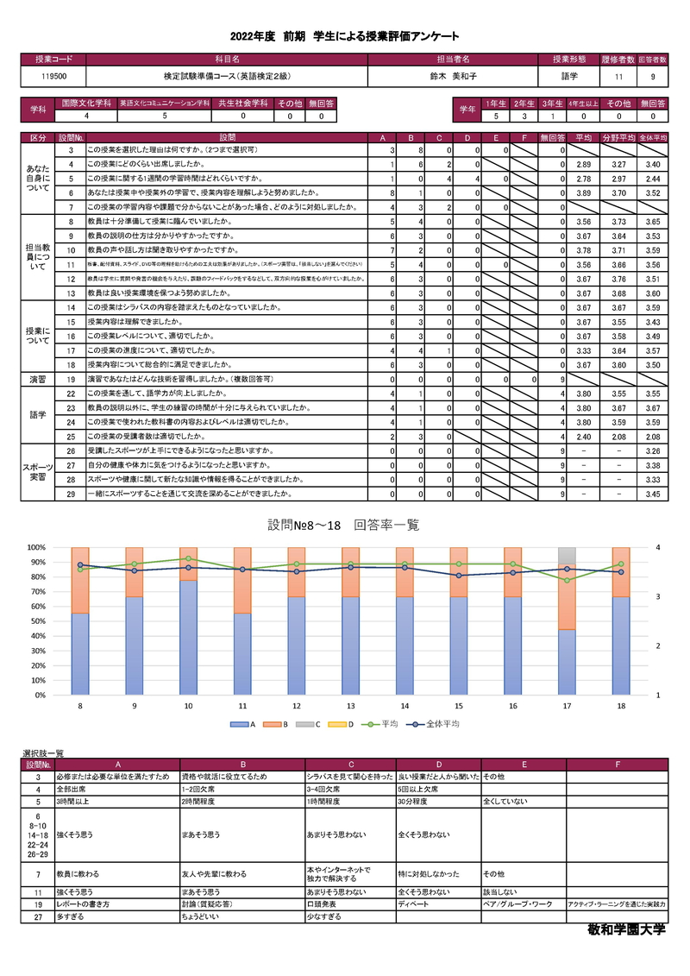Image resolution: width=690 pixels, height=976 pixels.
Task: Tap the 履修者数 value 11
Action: pyautogui.click(x=618, y=77)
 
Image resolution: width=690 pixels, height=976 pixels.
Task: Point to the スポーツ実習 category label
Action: pyautogui.click(x=38, y=472)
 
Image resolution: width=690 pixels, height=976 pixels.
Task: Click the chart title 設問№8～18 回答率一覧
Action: pyautogui.click(x=343, y=525)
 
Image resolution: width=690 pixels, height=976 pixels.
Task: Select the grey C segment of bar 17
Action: pyautogui.click(x=567, y=554)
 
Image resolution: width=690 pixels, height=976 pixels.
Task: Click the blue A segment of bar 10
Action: pyautogui.click(x=189, y=638)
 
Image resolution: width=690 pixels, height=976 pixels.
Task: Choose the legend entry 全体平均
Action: pyautogui.click(x=438, y=724)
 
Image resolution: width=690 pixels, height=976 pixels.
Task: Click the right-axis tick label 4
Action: pyautogui.click(x=657, y=547)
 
